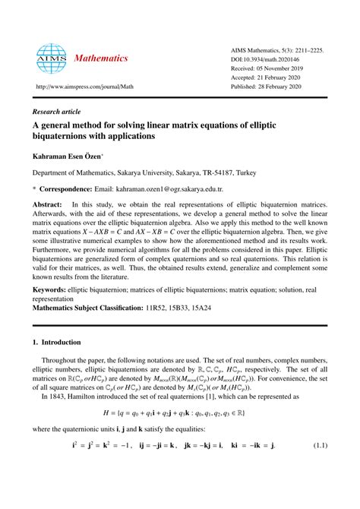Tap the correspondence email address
click(x=164, y=188)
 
